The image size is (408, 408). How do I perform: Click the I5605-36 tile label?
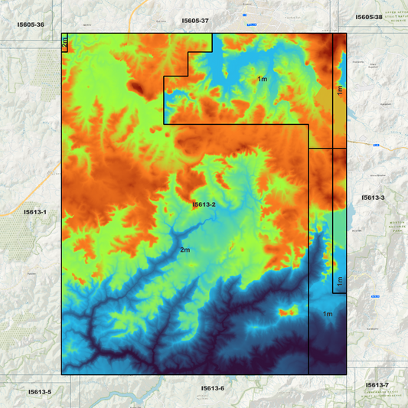tap(31, 24)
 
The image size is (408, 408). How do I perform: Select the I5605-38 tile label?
tap(369, 17)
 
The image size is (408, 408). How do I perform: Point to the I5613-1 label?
tap(34, 211)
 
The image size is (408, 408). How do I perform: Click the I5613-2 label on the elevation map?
tap(204, 204)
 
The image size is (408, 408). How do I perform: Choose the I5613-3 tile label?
tap(373, 197)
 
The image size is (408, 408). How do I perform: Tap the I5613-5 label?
tap(40, 392)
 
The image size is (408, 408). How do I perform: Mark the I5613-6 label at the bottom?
tap(213, 388)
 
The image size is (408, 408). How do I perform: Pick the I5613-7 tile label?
tap(377, 384)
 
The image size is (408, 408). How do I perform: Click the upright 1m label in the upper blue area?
tap(263, 79)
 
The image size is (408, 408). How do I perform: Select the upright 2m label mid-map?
tap(185, 250)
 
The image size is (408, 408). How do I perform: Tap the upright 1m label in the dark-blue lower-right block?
tap(328, 314)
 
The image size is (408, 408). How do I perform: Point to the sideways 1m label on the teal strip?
tap(338, 281)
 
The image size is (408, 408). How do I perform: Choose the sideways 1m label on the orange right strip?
tap(338, 91)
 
